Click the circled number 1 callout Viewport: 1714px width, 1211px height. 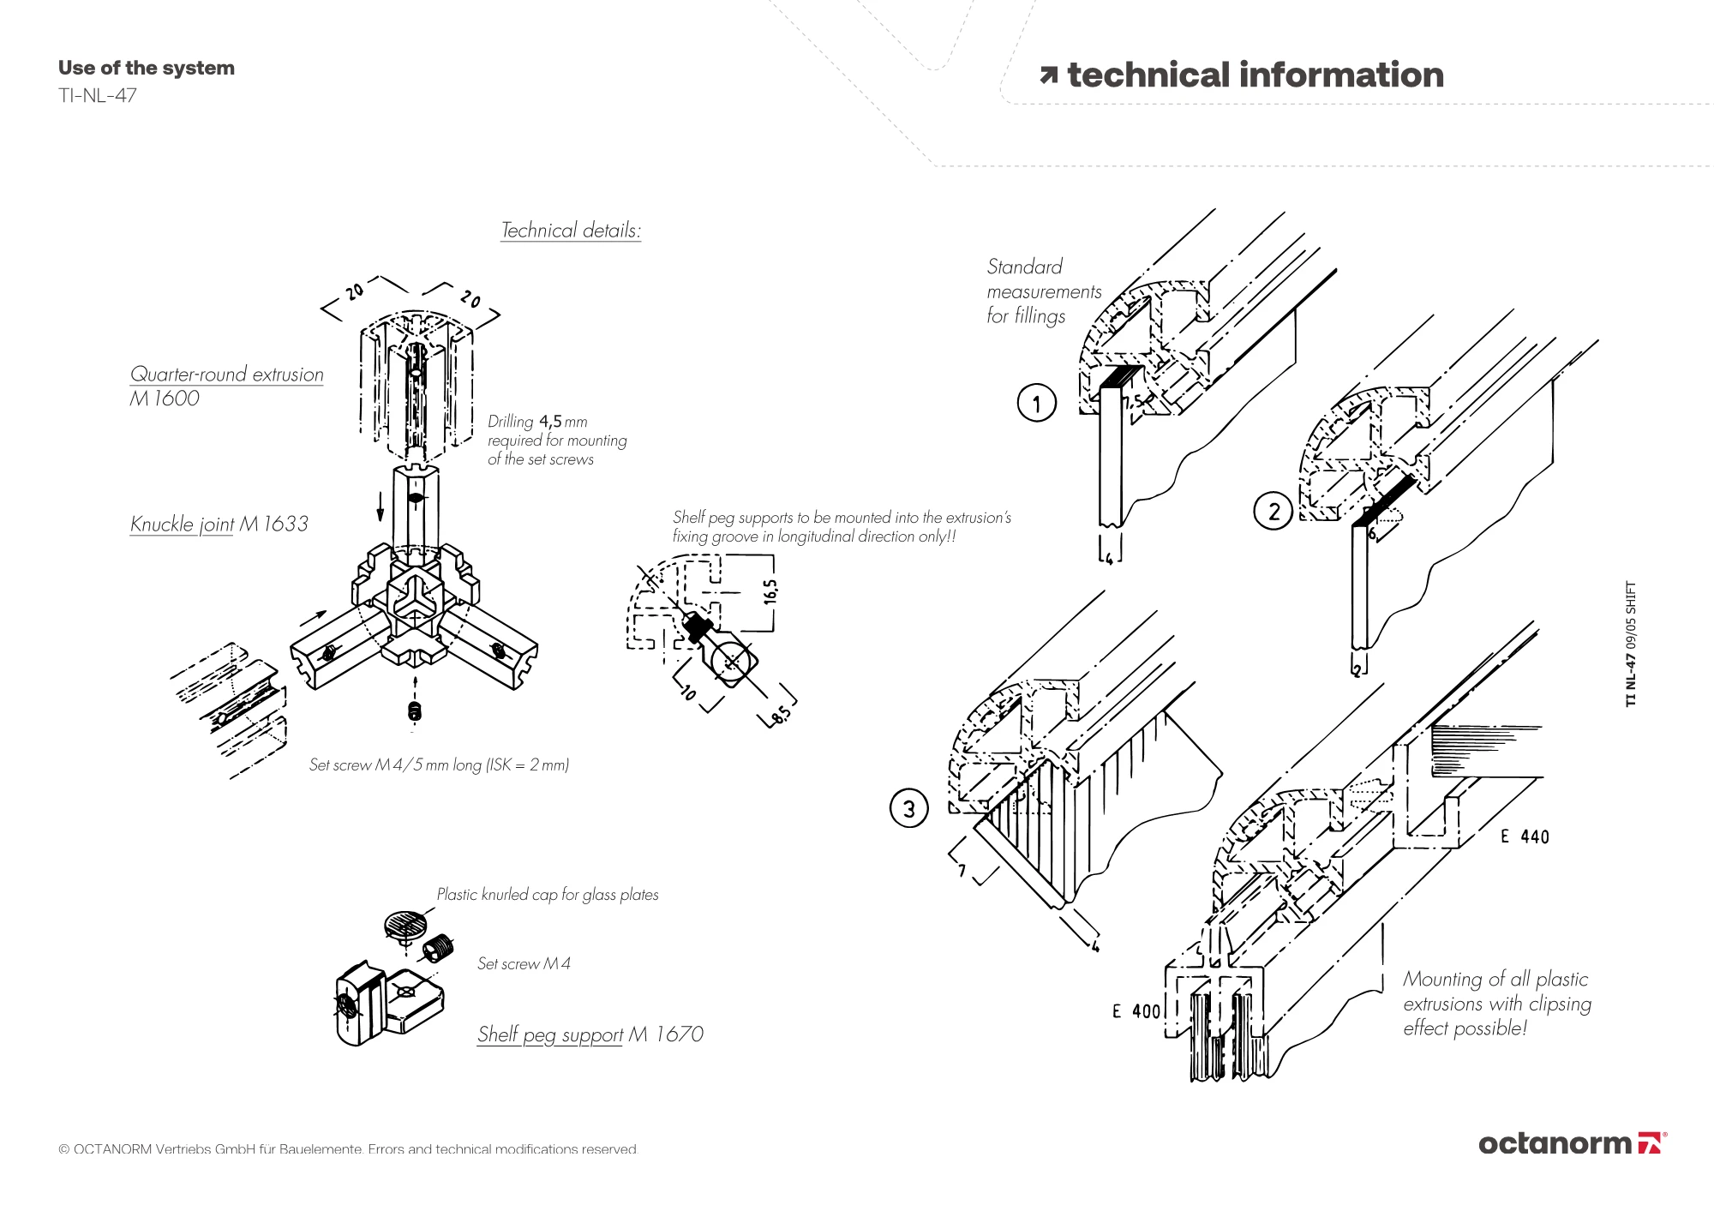pyautogui.click(x=1037, y=403)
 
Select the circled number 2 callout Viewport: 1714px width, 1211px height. pyautogui.click(x=1274, y=512)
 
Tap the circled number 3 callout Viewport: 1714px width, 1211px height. pyautogui.click(x=909, y=809)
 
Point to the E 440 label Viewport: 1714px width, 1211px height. pyautogui.click(x=1525, y=836)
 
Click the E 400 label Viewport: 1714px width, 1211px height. pyautogui.click(x=1136, y=1011)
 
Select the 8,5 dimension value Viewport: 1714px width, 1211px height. pyautogui.click(x=782, y=716)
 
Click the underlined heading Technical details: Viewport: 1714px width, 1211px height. pyautogui.click(x=571, y=230)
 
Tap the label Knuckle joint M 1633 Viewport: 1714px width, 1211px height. pyautogui.click(x=219, y=524)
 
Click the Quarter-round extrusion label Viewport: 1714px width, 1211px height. pyautogui.click(x=226, y=375)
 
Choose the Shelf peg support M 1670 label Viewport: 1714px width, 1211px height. pyautogui.click(x=590, y=1034)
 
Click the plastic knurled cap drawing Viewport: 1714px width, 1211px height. pyautogui.click(x=405, y=924)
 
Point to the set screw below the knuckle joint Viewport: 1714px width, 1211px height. pyautogui.click(x=415, y=711)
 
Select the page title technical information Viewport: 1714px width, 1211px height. pyautogui.click(x=1255, y=75)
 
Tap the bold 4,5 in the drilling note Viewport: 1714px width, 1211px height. pyautogui.click(x=550, y=421)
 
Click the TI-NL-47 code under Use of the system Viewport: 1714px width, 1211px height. pyautogui.click(x=98, y=95)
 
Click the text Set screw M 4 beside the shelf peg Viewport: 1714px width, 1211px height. pyautogui.click(x=524, y=963)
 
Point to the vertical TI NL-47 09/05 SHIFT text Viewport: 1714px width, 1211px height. pyautogui.click(x=1630, y=644)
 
